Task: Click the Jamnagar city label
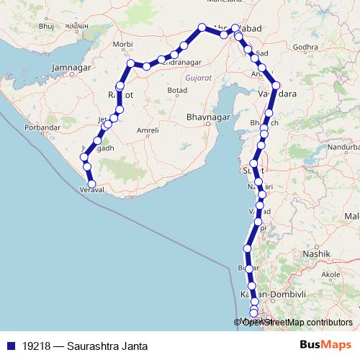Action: pos(69,68)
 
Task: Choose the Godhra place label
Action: pos(305,47)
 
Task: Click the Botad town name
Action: pos(177,90)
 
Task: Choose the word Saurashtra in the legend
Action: pos(90,346)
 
